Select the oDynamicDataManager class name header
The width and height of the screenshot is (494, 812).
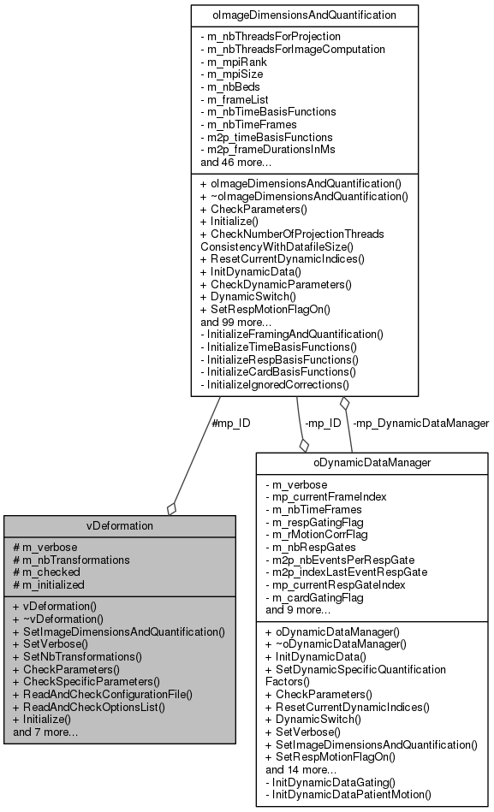click(x=372, y=463)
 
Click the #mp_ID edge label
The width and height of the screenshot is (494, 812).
click(x=230, y=423)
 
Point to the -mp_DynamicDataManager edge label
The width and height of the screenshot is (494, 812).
click(x=421, y=423)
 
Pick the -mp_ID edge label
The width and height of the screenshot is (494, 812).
click(x=323, y=423)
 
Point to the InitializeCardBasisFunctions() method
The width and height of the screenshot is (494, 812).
click(x=278, y=372)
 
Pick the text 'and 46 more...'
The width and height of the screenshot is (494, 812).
click(x=236, y=162)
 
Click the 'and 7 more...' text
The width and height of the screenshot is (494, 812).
click(x=45, y=732)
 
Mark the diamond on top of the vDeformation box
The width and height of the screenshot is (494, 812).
click(x=171, y=509)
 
